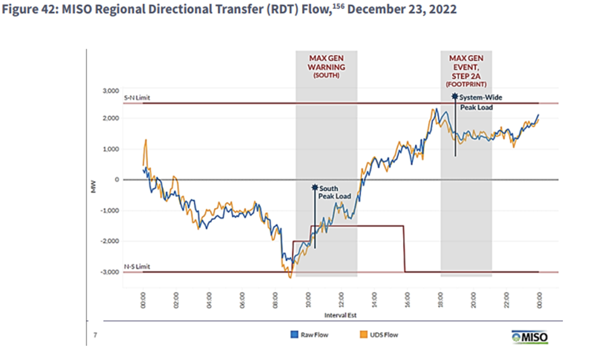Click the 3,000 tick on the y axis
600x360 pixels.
tap(110, 90)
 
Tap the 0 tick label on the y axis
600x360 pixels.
tap(116, 180)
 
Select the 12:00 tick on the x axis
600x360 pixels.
tap(341, 298)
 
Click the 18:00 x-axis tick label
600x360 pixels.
tap(440, 298)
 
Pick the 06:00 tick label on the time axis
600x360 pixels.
tap(242, 298)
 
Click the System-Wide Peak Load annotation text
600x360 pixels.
tap(480, 102)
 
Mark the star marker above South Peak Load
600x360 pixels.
tap(314, 188)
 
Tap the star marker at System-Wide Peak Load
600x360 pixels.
tap(455, 97)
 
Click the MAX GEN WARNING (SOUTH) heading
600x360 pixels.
tap(326, 67)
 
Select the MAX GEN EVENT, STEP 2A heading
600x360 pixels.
tap(466, 67)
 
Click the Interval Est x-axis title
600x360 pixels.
tap(341, 314)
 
